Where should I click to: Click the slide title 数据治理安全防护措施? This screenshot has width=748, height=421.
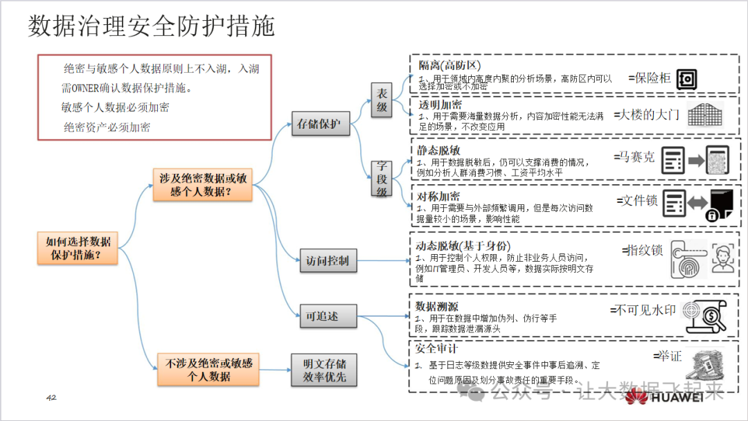[x=151, y=26]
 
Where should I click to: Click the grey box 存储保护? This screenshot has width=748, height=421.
[x=319, y=125]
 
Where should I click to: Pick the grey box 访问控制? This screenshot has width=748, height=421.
[x=328, y=262]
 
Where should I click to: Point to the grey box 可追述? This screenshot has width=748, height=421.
[x=328, y=316]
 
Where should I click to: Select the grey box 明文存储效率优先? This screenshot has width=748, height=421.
[x=324, y=370]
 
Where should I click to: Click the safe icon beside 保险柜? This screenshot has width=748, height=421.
[x=686, y=80]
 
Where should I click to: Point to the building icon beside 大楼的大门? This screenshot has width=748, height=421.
[x=705, y=114]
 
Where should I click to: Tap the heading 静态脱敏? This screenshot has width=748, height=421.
[x=438, y=150]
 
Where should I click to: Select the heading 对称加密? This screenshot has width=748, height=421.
[x=438, y=196]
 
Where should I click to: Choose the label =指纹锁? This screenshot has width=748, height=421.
[x=643, y=250]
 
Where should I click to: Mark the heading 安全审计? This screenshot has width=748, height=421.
[x=436, y=349]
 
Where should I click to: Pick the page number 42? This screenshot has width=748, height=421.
[x=51, y=397]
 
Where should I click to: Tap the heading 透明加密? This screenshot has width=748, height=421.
[x=440, y=105]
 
